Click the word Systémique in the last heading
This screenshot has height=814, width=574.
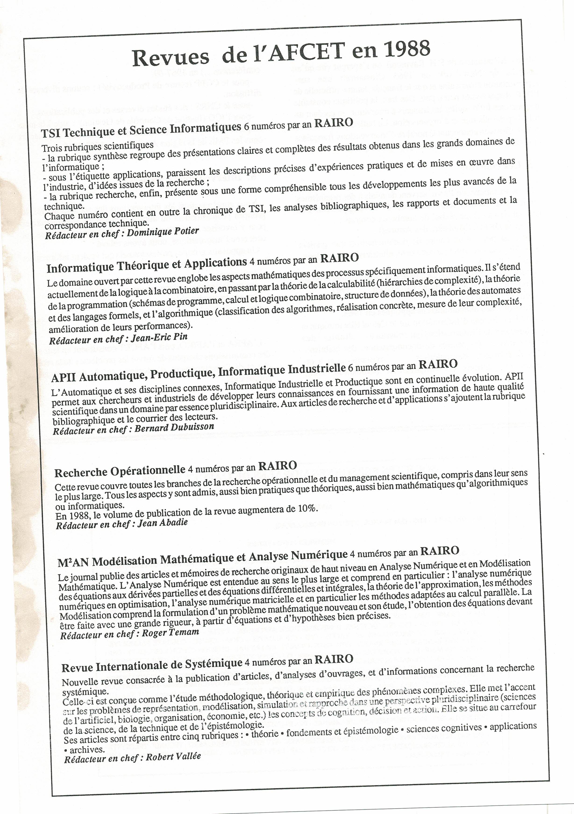[x=217, y=663]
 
